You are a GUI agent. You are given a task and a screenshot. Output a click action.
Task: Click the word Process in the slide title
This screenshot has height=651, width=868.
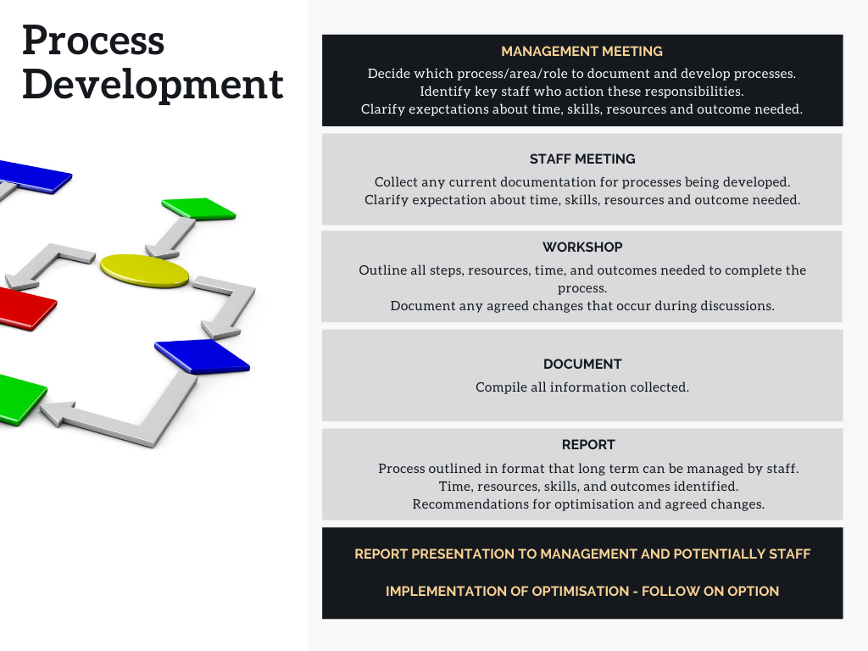point(93,41)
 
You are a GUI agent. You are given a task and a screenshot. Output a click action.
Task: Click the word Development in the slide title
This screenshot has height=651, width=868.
point(153,85)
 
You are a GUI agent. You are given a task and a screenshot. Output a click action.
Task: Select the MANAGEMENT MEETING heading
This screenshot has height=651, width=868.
point(581,52)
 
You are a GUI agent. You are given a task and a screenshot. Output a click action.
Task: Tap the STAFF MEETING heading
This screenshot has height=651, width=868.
point(581,159)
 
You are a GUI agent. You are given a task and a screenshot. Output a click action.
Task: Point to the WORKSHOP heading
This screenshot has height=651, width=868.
point(582,248)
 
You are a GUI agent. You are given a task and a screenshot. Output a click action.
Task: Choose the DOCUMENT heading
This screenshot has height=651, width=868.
point(582,364)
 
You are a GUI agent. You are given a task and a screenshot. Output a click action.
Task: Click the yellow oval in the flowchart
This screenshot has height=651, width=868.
point(144,270)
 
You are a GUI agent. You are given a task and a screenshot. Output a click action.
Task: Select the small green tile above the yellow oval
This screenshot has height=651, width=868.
point(198,209)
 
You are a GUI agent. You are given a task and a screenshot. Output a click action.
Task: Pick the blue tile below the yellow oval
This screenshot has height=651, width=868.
point(202,356)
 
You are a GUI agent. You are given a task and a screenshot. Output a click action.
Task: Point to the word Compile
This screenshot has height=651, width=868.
point(499,387)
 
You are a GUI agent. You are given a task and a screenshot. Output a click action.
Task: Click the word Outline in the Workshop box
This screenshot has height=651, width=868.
point(382,270)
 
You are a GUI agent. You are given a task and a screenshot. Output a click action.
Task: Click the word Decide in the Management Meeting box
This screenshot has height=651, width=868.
point(389,74)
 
